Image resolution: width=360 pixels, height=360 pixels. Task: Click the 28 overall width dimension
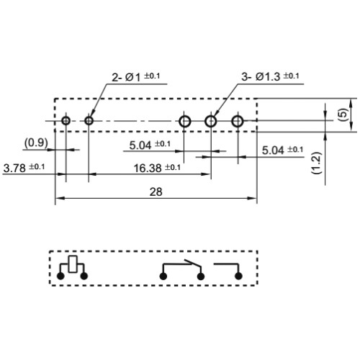tap(156, 192)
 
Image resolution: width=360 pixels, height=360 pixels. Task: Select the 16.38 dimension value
tap(148, 168)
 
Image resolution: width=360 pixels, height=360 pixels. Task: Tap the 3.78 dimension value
tap(14, 168)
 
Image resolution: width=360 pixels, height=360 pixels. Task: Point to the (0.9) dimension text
tap(36, 143)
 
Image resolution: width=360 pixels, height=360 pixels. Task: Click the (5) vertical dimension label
tap(344, 114)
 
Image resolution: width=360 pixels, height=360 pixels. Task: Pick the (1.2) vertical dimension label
tap(317, 163)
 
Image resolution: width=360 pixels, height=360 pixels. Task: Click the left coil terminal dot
tap(60, 276)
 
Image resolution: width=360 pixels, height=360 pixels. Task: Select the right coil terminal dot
tap(84, 276)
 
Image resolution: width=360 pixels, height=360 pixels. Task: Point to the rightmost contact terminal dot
tap(238, 276)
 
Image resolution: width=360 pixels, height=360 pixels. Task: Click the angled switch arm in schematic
tap(192, 264)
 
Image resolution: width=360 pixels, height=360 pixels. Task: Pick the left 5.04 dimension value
tap(140, 145)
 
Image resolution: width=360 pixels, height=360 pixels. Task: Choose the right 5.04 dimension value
tap(273, 150)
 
